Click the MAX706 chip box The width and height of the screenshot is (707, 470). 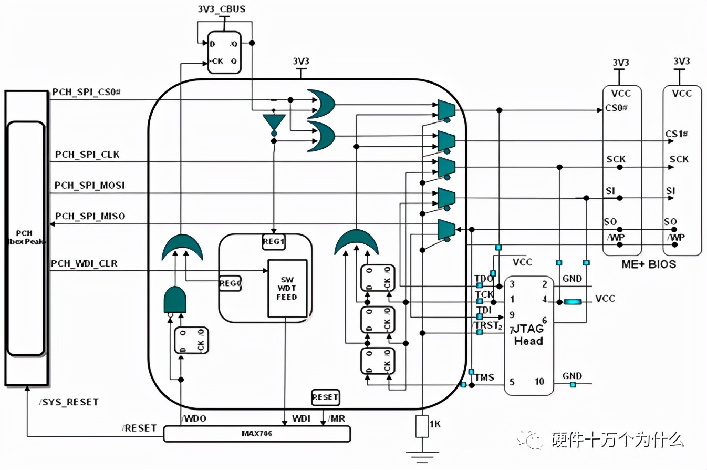coord(257,434)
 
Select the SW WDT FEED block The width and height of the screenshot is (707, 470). coord(287,289)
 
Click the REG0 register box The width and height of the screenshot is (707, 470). coord(230,283)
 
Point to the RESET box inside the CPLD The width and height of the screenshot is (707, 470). coord(325,397)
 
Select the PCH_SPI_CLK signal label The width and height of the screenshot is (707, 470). coord(87,155)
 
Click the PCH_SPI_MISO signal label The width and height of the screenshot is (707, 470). coord(90,216)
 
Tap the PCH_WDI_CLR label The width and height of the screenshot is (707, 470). coord(84,263)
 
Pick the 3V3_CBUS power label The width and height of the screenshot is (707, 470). coord(221,9)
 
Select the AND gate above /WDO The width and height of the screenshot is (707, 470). coord(175,300)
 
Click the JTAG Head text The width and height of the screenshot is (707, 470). coord(529,335)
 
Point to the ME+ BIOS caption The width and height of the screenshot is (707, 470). coord(649,264)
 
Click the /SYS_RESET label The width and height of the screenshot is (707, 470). coord(69,402)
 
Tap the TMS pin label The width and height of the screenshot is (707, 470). coord(484,377)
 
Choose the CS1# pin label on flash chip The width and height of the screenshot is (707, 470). coord(676,134)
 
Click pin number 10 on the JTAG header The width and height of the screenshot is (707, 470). coord(539,382)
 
